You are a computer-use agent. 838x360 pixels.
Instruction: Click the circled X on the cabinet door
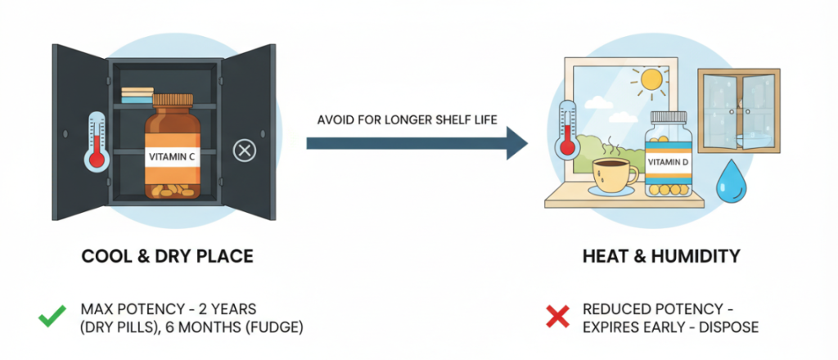click(x=243, y=150)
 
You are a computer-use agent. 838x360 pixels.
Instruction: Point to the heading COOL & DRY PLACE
click(x=167, y=257)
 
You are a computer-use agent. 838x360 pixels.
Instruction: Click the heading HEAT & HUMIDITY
click(x=661, y=257)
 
